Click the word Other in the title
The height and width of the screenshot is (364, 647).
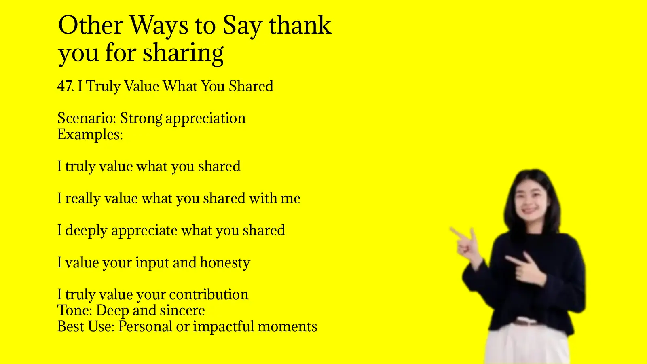(x=90, y=25)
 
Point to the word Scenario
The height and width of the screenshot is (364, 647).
(x=87, y=118)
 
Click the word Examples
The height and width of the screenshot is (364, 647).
(x=89, y=134)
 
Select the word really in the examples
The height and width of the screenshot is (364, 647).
(x=82, y=199)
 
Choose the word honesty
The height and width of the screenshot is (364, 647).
(x=225, y=263)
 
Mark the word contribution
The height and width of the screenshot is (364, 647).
(x=208, y=294)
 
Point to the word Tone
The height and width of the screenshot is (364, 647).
(x=75, y=311)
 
